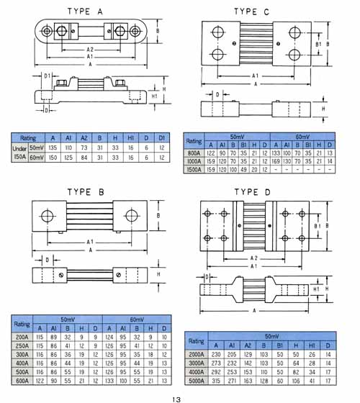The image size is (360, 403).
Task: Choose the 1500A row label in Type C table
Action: coord(194,170)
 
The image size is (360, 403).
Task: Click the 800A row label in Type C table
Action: coord(194,153)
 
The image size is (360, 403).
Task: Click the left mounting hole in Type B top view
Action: coord(48,217)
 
